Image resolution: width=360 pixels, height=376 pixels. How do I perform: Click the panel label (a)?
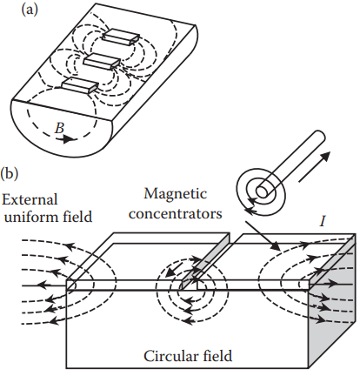click(x=30, y=10)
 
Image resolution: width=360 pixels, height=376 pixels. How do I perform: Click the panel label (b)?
click(x=9, y=174)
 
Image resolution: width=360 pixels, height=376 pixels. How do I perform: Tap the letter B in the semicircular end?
click(x=59, y=128)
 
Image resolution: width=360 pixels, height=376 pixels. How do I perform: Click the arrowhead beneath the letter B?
click(x=68, y=139)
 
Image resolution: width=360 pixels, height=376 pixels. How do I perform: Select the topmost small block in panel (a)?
click(x=121, y=37)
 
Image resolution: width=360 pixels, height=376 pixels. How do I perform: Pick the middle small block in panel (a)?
click(x=102, y=62)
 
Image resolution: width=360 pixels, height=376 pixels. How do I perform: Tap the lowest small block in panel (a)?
click(x=80, y=85)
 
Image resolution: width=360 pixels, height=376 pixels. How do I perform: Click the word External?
click(x=30, y=199)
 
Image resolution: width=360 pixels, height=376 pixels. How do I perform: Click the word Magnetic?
click(x=176, y=195)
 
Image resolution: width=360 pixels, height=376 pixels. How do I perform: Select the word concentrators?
click(x=176, y=213)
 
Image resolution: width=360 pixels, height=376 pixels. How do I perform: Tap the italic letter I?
click(x=323, y=222)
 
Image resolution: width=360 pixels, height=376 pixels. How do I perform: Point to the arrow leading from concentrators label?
click(x=263, y=236)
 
